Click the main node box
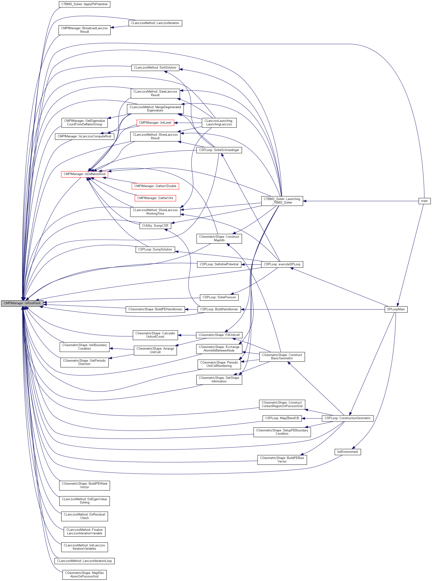pos(424,201)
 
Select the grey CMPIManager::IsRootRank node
pos(22,303)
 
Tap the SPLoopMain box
pos(396,309)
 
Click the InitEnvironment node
pos(347,452)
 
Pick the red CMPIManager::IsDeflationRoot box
pos(85,174)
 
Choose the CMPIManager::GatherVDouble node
pos(155,186)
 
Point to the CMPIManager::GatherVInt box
pos(155,198)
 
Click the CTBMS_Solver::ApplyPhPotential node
pos(85,4)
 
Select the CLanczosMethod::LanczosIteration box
pos(155,23)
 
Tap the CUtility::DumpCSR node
pos(155,226)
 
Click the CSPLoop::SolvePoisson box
pos(219,297)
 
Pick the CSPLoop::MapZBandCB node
pos(282,418)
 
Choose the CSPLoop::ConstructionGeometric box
pos(347,418)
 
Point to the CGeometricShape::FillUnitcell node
pos(219,335)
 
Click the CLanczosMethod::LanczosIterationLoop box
pos(85,561)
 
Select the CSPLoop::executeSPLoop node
pos(282,264)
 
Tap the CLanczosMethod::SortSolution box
pos(155,68)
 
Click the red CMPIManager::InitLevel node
pos(155,123)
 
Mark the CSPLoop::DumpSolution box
pos(155,250)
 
